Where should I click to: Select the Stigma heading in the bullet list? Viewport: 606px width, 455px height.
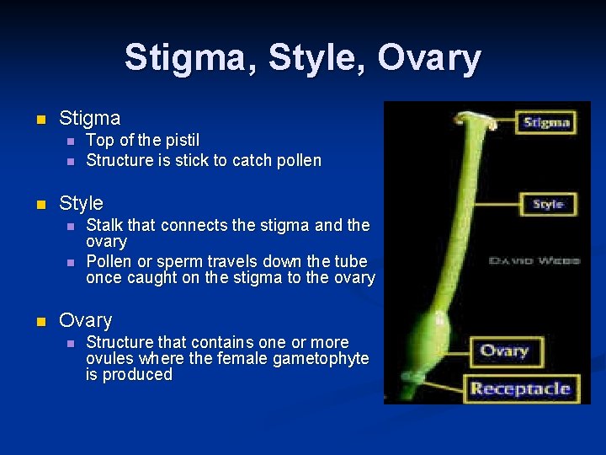point(89,118)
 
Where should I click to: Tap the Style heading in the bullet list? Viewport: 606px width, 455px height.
point(81,203)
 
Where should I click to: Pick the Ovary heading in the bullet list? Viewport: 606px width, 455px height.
point(85,321)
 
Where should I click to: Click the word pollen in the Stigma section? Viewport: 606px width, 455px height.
point(297,160)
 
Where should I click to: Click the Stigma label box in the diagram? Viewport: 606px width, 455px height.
point(546,122)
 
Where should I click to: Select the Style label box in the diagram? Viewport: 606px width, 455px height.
point(548,204)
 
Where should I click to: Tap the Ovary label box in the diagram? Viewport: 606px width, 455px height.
point(504,351)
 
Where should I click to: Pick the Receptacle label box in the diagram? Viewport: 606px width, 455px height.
point(520,388)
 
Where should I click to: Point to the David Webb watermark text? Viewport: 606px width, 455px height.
point(534,261)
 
